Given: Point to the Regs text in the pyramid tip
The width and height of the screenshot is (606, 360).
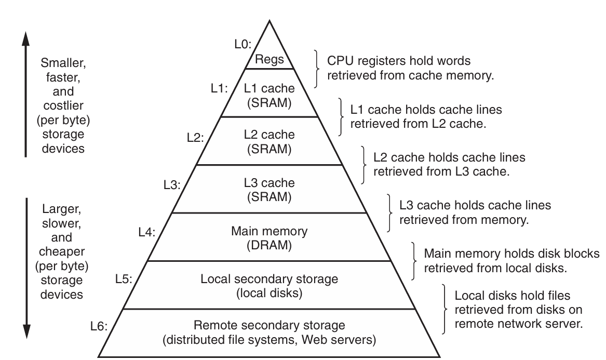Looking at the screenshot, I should click(269, 59).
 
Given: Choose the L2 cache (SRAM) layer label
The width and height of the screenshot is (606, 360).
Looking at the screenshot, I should click(269, 142).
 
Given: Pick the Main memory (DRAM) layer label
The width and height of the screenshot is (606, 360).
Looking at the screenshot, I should click(269, 237).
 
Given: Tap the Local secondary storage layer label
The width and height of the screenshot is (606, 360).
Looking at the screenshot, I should click(269, 286).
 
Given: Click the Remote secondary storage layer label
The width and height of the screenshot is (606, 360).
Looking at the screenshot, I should click(269, 333).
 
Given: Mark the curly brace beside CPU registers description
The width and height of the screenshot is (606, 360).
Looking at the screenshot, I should click(317, 68).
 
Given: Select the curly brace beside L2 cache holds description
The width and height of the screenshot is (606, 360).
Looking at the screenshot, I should click(363, 164).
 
